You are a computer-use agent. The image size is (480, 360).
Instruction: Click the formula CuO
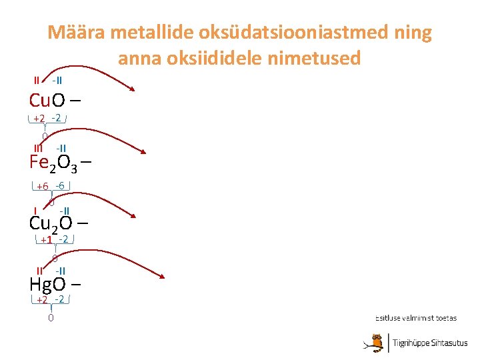coord(47,101)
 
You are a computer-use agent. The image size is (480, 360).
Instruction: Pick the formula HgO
coord(47,284)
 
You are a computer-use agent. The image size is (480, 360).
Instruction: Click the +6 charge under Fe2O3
coord(43,187)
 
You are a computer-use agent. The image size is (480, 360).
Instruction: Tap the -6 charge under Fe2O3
coord(60,185)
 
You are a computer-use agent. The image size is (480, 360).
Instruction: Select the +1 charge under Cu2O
coord(46,240)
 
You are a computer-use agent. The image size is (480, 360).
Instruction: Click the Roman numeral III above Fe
coord(39,148)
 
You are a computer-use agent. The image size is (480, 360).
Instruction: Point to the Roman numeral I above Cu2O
coord(35,211)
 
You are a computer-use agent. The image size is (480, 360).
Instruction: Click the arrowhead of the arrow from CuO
coord(133,90)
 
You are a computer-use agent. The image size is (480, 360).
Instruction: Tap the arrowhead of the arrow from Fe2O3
coord(143,152)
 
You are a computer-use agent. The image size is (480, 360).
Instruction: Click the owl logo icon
coord(377,342)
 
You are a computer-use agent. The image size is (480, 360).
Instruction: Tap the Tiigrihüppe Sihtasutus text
coord(429,343)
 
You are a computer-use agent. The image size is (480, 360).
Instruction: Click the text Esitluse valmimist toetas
coord(415,318)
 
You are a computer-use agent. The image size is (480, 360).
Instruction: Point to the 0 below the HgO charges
coord(51,318)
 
